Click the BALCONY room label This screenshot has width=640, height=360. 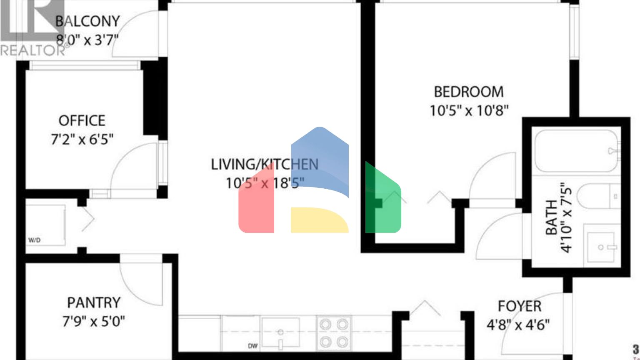87,21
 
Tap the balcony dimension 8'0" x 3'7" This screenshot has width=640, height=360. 87,40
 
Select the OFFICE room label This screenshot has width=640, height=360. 82,121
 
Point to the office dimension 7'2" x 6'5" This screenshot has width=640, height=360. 82,140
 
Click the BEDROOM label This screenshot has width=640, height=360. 468,92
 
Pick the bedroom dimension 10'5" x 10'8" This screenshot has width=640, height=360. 469,111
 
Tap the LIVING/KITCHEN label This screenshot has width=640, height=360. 265,165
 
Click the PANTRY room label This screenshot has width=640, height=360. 94,302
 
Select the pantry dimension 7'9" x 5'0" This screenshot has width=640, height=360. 94,322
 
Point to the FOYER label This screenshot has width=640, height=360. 520,306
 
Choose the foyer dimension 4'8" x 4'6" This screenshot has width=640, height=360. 518,325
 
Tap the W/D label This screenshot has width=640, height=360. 34,240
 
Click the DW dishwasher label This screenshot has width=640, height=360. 252,346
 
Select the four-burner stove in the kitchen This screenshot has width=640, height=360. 334,333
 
